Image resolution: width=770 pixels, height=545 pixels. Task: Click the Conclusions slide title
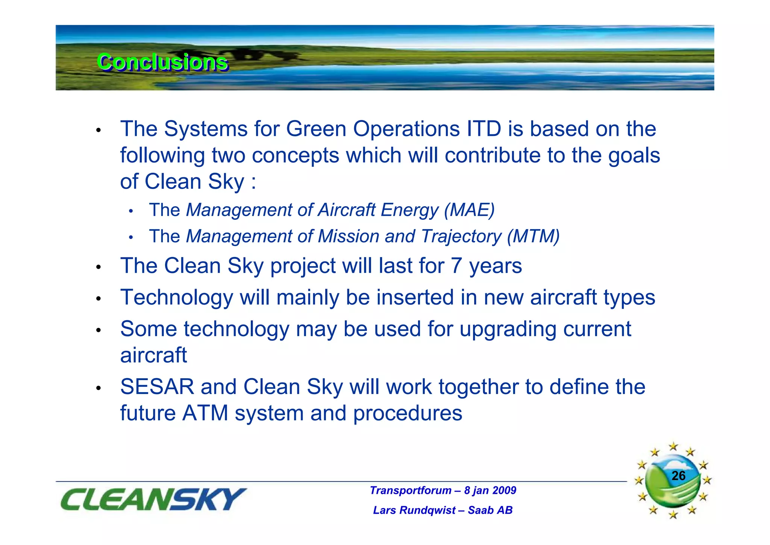(x=162, y=62)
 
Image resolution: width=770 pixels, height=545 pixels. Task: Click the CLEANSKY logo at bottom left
(x=153, y=499)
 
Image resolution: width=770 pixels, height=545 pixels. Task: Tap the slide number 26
(x=678, y=476)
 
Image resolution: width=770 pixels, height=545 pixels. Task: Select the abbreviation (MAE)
(x=469, y=210)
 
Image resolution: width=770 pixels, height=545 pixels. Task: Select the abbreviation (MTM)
(x=533, y=236)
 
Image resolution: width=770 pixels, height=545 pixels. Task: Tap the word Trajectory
(x=461, y=236)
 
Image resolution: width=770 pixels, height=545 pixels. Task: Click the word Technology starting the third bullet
(x=176, y=297)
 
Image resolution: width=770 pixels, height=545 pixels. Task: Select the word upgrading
(x=508, y=329)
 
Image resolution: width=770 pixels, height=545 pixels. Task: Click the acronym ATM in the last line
(x=205, y=413)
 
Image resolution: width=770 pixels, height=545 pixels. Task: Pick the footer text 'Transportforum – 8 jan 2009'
(x=443, y=490)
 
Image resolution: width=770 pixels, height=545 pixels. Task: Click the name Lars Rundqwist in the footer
(x=414, y=510)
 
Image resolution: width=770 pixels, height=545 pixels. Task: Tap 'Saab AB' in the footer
(x=490, y=510)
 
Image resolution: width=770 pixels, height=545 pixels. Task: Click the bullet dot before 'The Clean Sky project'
(x=99, y=267)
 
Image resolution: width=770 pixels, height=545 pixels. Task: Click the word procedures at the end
(x=408, y=413)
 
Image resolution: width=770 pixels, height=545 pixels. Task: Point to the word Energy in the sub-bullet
(x=409, y=210)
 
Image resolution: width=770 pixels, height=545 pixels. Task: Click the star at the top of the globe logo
(x=673, y=447)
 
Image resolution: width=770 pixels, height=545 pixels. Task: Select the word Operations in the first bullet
(x=406, y=129)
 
